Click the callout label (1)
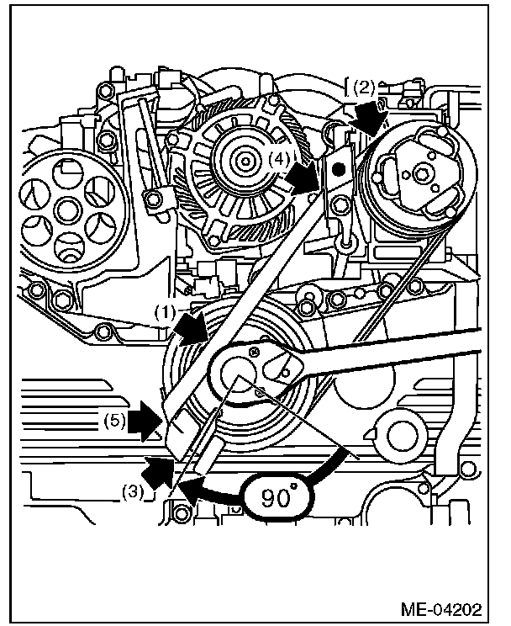(165, 310)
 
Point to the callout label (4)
(282, 156)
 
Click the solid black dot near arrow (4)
(337, 170)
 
